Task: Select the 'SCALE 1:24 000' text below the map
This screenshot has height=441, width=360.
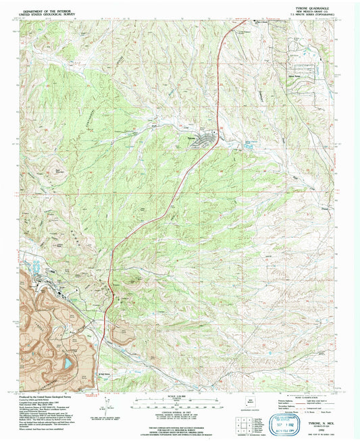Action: pos(179,396)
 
